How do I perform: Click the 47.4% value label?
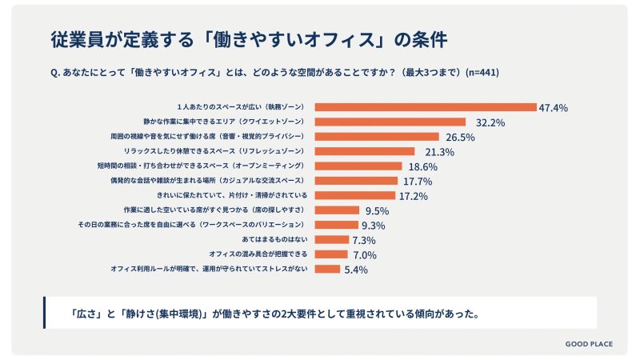point(554,107)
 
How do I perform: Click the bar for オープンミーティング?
point(359,166)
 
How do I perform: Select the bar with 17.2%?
point(356,195)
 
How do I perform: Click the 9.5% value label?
point(377,210)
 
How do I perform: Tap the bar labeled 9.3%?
point(333,225)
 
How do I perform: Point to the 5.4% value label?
point(355,270)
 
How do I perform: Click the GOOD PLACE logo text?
point(589,344)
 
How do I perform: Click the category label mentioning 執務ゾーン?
point(242,107)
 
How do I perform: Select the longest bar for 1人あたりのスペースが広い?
point(426,107)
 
